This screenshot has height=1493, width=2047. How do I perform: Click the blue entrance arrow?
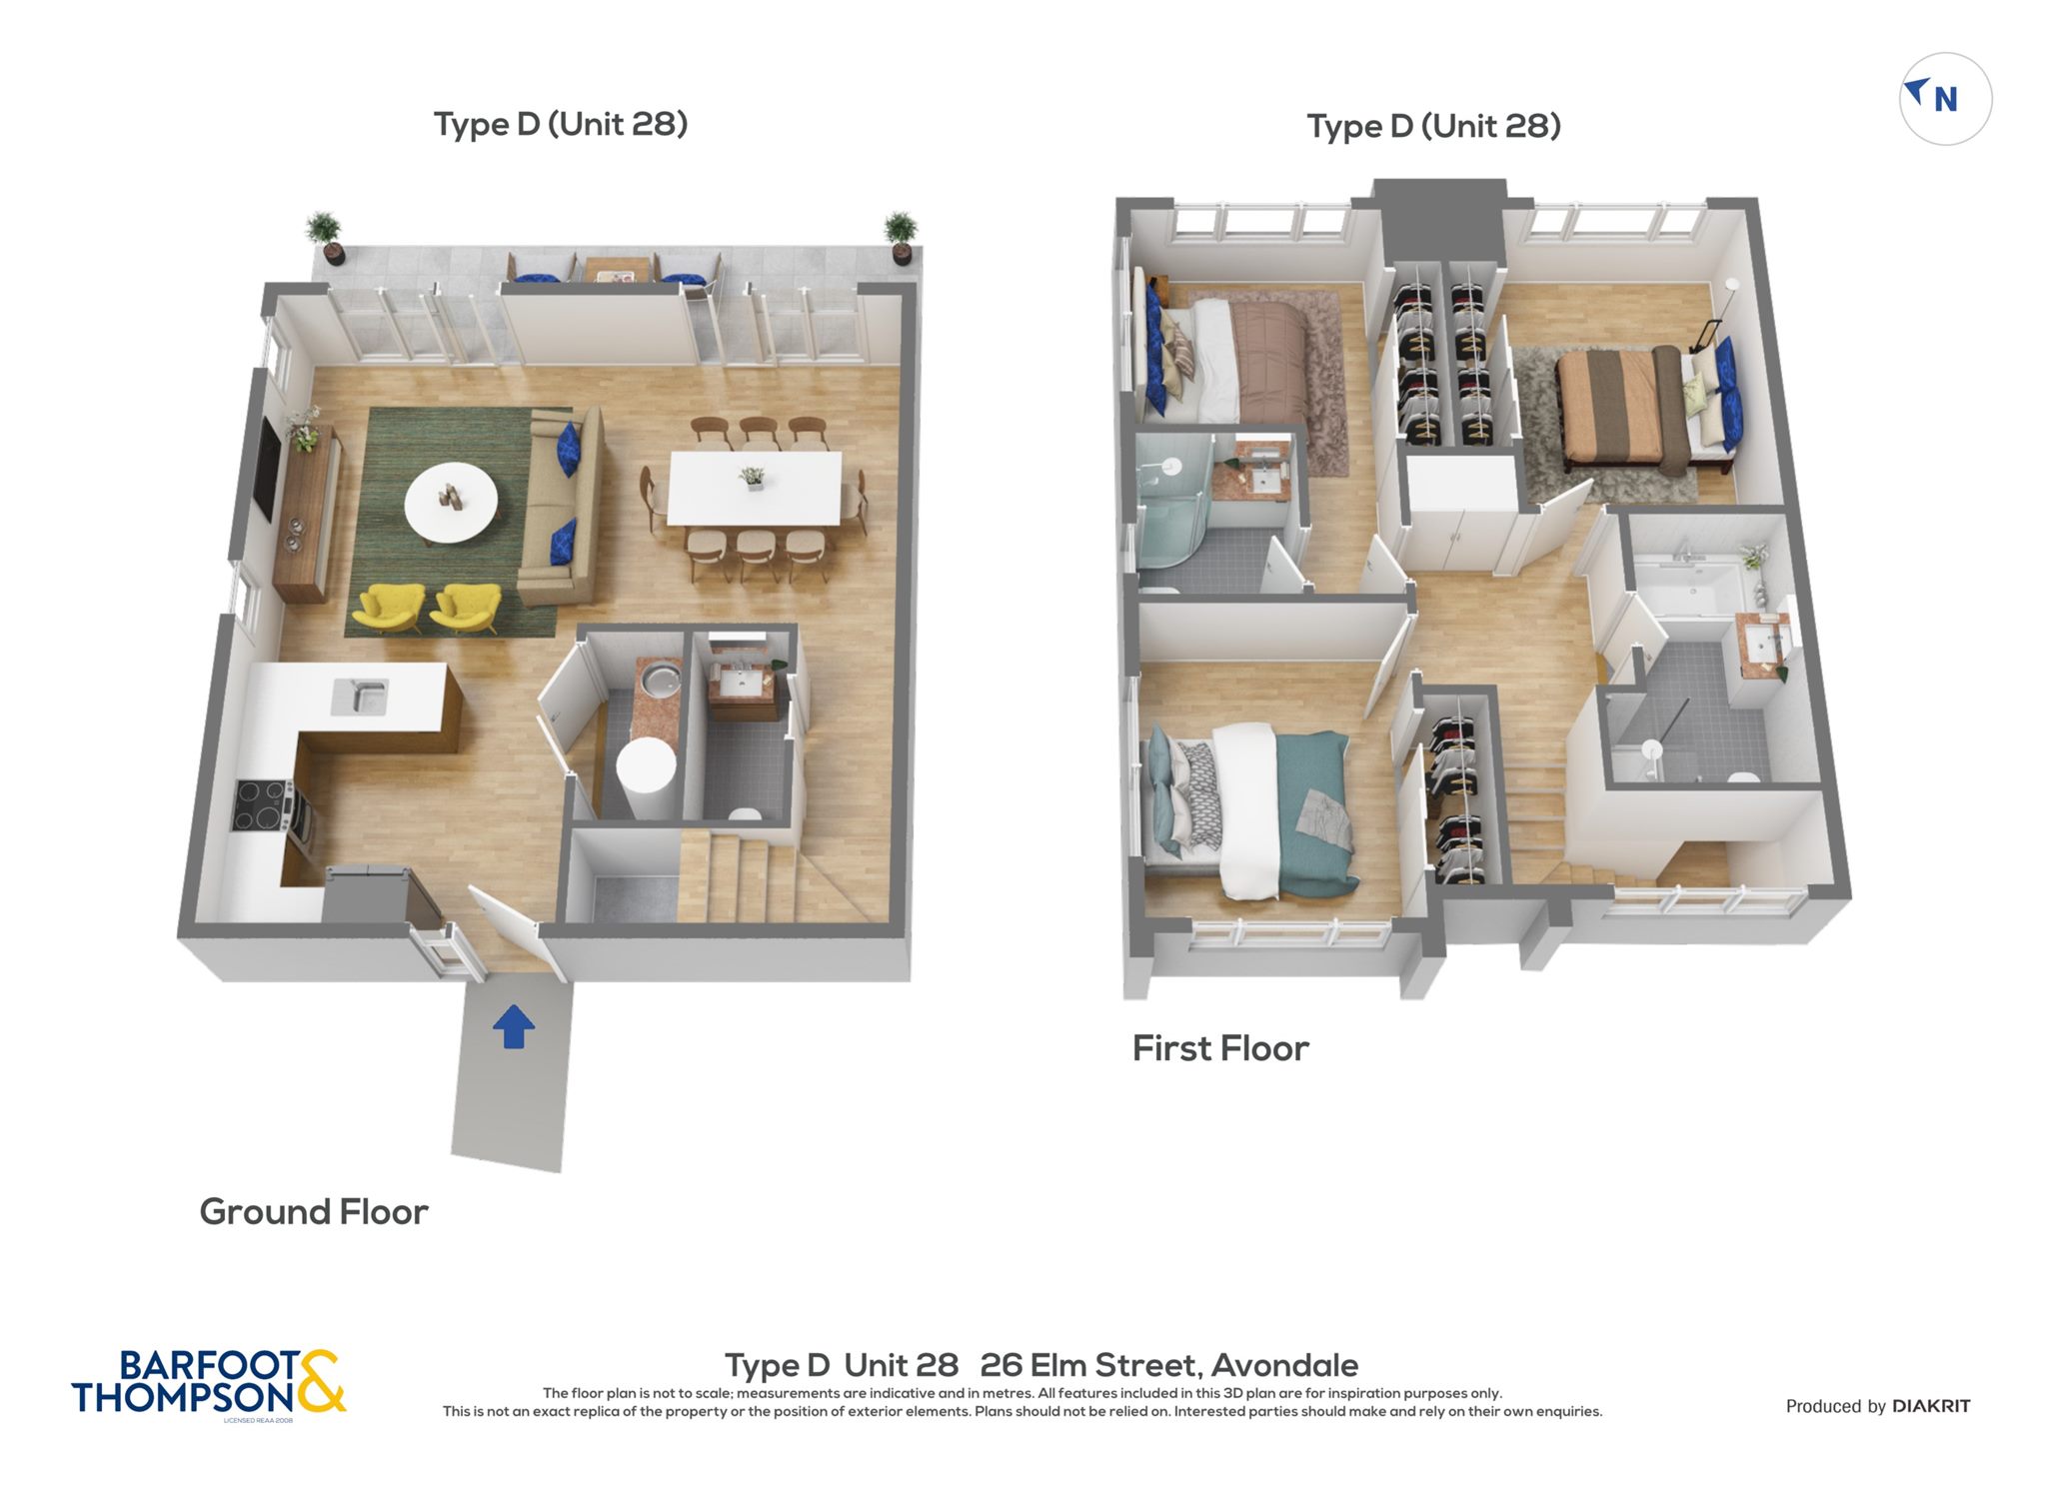coord(514,1026)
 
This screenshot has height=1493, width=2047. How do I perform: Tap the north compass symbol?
coord(1945,99)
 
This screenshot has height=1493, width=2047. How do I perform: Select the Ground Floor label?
coord(314,1212)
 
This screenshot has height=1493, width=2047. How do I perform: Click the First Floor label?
coord(1220,1048)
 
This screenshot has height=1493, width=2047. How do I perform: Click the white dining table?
coord(755,488)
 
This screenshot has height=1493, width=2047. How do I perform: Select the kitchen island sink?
coord(360,697)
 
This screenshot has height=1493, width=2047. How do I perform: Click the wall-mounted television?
coord(267,469)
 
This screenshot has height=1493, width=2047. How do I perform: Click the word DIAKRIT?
coord(1931,1406)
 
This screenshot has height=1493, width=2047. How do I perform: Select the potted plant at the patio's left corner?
coord(325,237)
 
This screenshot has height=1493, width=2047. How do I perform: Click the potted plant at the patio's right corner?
coord(900,237)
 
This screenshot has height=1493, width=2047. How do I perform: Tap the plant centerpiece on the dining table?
coord(752,478)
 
